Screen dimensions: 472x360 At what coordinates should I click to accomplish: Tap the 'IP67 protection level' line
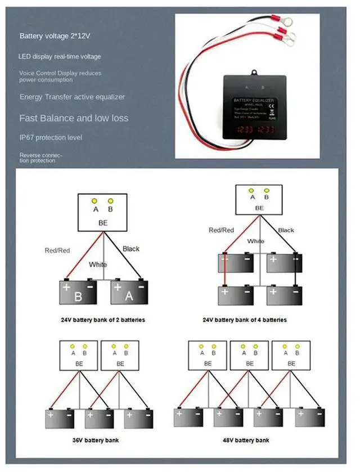pos(51,137)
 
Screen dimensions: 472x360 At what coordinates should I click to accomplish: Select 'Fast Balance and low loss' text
pos(74,118)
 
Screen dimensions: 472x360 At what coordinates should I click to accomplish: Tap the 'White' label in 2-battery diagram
pos(97,264)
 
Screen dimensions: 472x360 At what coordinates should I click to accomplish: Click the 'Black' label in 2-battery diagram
pos(130,249)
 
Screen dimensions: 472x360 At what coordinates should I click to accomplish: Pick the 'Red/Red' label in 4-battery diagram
pos(221,230)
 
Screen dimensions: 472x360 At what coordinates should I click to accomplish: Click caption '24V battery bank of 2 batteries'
pos(103,320)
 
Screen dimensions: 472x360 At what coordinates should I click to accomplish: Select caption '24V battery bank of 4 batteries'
pos(245,320)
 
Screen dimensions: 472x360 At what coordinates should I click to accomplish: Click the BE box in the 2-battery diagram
pos(103,212)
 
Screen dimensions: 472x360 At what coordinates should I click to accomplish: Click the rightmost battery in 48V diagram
pos(309,417)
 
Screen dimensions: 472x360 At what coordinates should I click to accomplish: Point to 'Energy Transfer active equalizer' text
pos(72,97)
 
